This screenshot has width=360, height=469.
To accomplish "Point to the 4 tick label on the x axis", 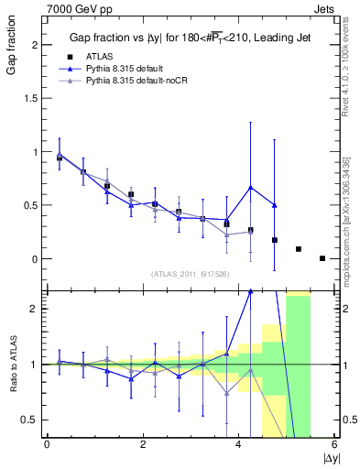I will [x=238, y=444].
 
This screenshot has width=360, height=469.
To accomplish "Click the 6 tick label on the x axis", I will [x=334, y=444].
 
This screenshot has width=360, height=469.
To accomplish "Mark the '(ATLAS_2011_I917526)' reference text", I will [x=190, y=274].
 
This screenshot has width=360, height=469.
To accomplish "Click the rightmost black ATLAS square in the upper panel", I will [x=322, y=258].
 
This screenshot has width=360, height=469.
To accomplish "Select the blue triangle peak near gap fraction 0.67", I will [x=250, y=188].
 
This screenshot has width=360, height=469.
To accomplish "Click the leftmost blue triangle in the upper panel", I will [x=60, y=155].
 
